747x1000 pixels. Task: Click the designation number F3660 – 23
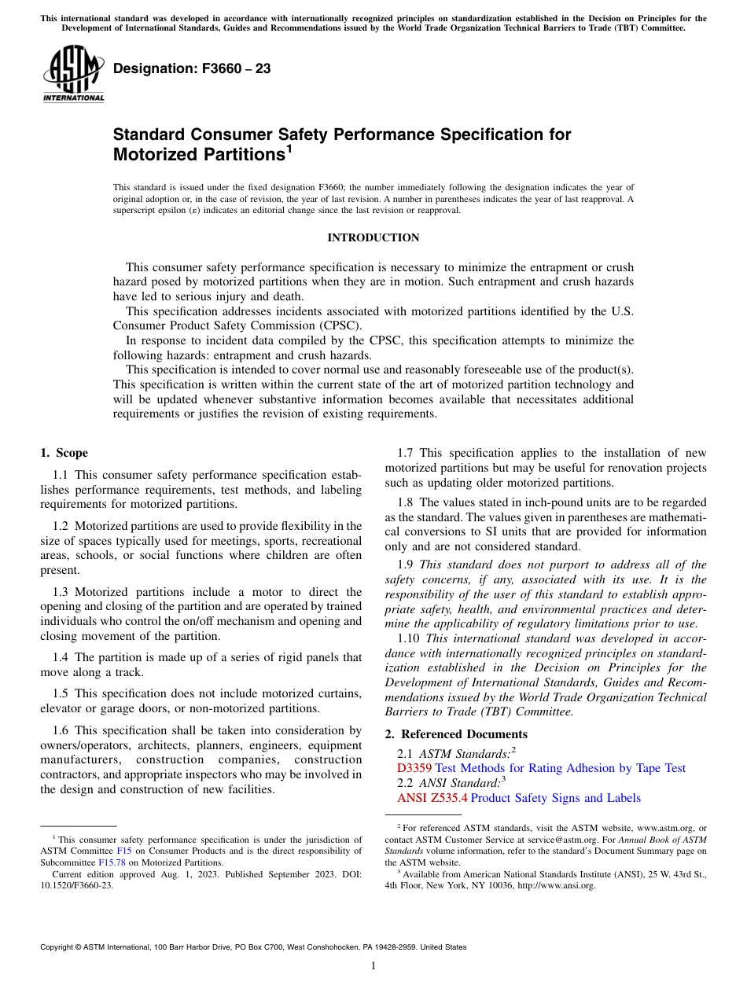coord(192,69)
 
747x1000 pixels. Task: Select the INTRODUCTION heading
coord(373,237)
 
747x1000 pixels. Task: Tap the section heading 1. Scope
coord(64,453)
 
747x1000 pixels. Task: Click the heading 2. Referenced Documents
coord(456,734)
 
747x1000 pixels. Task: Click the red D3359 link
coord(414,768)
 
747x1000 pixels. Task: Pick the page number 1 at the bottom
coord(373,966)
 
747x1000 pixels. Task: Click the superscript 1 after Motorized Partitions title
coord(289,148)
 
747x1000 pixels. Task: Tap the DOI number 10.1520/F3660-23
coord(76,884)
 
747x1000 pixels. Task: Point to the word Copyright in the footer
coord(57,947)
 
